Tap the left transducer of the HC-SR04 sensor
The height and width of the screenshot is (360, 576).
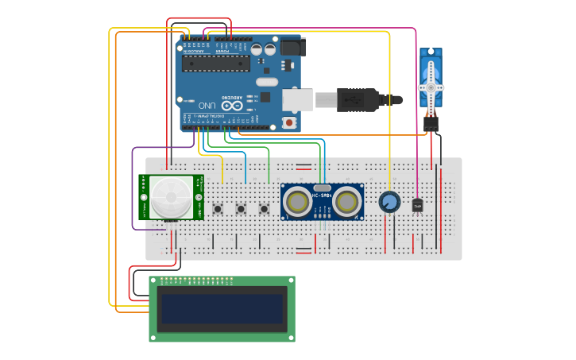click(297, 202)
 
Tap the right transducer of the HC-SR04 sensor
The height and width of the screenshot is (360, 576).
click(347, 202)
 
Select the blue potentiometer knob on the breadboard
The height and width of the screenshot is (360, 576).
click(389, 202)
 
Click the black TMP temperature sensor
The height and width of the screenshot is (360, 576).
click(417, 205)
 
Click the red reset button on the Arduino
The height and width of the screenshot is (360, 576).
click(288, 122)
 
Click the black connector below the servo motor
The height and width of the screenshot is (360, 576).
click(431, 123)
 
